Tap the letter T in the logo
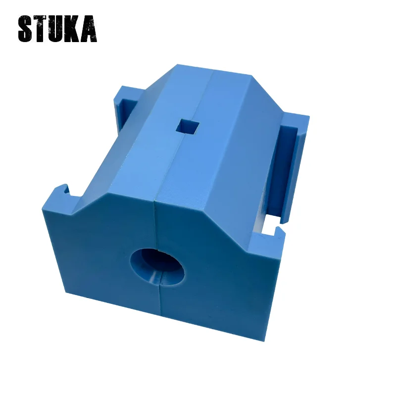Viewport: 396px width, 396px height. point(42,29)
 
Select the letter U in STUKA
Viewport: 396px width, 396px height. point(58,29)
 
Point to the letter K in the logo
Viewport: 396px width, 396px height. point(74,29)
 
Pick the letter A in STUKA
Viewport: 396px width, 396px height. point(89,29)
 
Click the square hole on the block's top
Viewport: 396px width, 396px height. point(188,126)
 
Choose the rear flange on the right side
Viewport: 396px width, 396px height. point(295,121)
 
